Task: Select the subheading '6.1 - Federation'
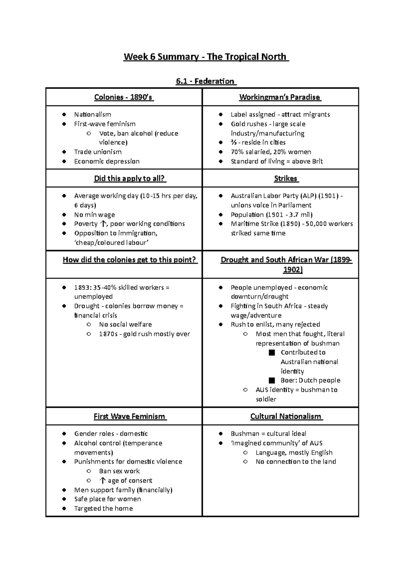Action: (x=206, y=81)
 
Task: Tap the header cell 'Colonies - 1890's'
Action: (x=124, y=97)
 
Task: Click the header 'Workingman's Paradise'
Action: (x=280, y=97)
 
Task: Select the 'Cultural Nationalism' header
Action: (x=286, y=416)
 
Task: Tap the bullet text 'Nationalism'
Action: (x=93, y=114)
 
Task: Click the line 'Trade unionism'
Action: (x=98, y=152)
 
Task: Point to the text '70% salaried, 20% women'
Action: (x=271, y=152)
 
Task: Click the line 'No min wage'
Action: (x=94, y=215)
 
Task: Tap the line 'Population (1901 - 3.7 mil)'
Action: (x=272, y=215)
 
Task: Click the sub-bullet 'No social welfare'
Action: (x=125, y=324)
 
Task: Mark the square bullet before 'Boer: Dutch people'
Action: (x=272, y=380)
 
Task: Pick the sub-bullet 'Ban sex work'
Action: (x=119, y=471)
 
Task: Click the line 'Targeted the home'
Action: (x=103, y=508)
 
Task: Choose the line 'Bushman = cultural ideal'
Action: (x=268, y=434)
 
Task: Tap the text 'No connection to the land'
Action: (x=296, y=462)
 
